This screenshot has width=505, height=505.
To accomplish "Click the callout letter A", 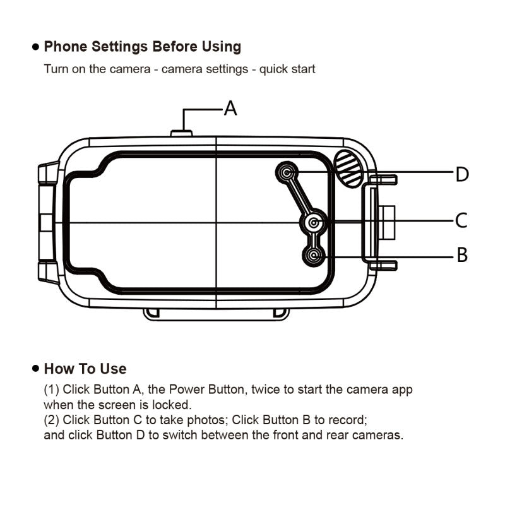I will (x=231, y=109).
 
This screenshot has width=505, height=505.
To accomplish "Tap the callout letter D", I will (x=462, y=174).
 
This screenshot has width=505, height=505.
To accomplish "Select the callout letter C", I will (x=461, y=221).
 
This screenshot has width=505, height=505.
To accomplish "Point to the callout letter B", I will (x=462, y=255).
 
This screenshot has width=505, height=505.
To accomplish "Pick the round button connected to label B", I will (x=314, y=255).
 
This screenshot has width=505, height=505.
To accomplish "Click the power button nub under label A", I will (x=182, y=133).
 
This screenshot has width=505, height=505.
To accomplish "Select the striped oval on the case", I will (x=349, y=168).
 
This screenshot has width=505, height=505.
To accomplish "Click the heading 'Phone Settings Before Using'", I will (x=142, y=47).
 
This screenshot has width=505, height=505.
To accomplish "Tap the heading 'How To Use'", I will (x=85, y=369).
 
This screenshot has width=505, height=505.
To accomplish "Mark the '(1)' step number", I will (x=51, y=389).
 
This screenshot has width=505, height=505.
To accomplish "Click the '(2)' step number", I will (x=51, y=419).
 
